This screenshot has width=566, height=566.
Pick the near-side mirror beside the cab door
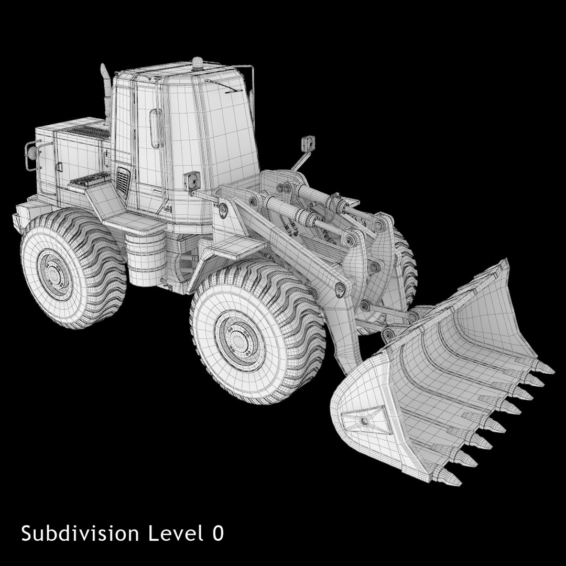click(191, 180)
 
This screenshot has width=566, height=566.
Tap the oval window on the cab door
click(156, 127)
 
